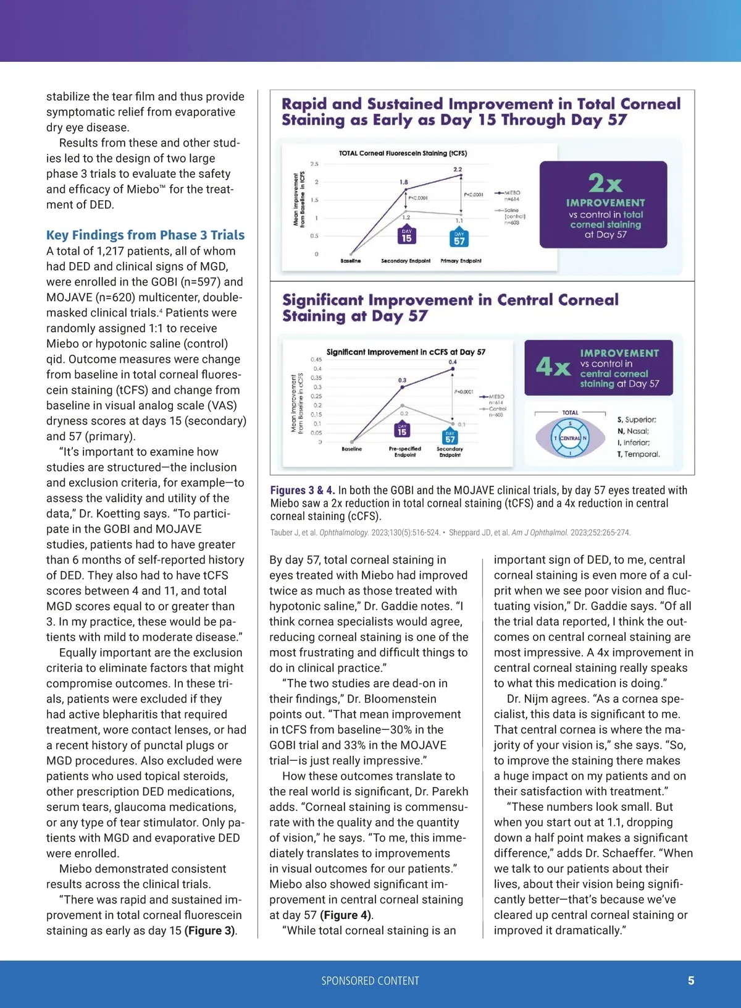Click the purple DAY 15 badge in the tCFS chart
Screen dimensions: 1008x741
(x=406, y=236)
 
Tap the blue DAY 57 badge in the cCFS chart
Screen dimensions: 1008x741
(x=450, y=437)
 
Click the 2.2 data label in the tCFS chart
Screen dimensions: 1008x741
(x=458, y=169)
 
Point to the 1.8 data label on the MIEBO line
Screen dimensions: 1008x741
(x=404, y=182)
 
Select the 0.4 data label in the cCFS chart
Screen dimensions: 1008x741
(x=453, y=362)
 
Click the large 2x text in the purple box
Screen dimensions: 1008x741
(x=605, y=183)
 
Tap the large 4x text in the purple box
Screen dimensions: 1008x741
(x=553, y=367)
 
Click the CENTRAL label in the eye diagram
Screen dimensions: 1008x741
(x=570, y=438)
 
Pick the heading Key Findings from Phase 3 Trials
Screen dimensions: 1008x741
(x=145, y=235)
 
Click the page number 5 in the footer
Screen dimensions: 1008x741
(x=691, y=980)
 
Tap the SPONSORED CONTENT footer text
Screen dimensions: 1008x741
(x=370, y=981)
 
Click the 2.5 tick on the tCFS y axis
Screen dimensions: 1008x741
(x=314, y=164)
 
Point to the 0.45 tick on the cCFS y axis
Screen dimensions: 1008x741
(x=316, y=359)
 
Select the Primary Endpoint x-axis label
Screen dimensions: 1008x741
(x=461, y=261)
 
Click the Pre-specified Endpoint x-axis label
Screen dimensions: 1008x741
(x=405, y=452)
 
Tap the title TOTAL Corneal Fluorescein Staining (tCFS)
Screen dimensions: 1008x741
(x=403, y=153)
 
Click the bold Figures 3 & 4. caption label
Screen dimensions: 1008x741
(x=303, y=490)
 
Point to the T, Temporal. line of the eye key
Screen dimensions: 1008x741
(x=638, y=454)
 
